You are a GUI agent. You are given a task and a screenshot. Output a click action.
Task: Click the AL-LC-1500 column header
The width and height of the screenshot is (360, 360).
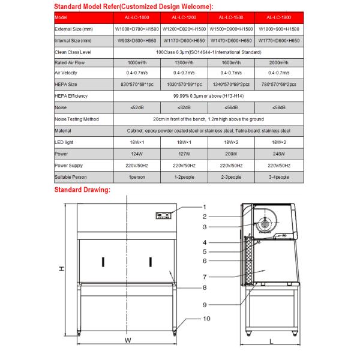[x=230, y=17]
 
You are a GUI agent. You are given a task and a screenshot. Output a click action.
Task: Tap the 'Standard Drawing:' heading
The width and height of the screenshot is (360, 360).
[x=82, y=190]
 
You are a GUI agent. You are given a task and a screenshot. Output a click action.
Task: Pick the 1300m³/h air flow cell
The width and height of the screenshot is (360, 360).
[x=183, y=62]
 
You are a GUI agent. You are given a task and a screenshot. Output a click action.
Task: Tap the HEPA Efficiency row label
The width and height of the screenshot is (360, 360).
[x=70, y=95]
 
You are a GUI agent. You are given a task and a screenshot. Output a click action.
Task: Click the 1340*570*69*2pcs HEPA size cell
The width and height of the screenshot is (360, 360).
[x=230, y=85]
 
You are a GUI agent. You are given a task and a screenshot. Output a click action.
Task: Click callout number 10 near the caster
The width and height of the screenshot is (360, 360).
[x=206, y=319]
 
